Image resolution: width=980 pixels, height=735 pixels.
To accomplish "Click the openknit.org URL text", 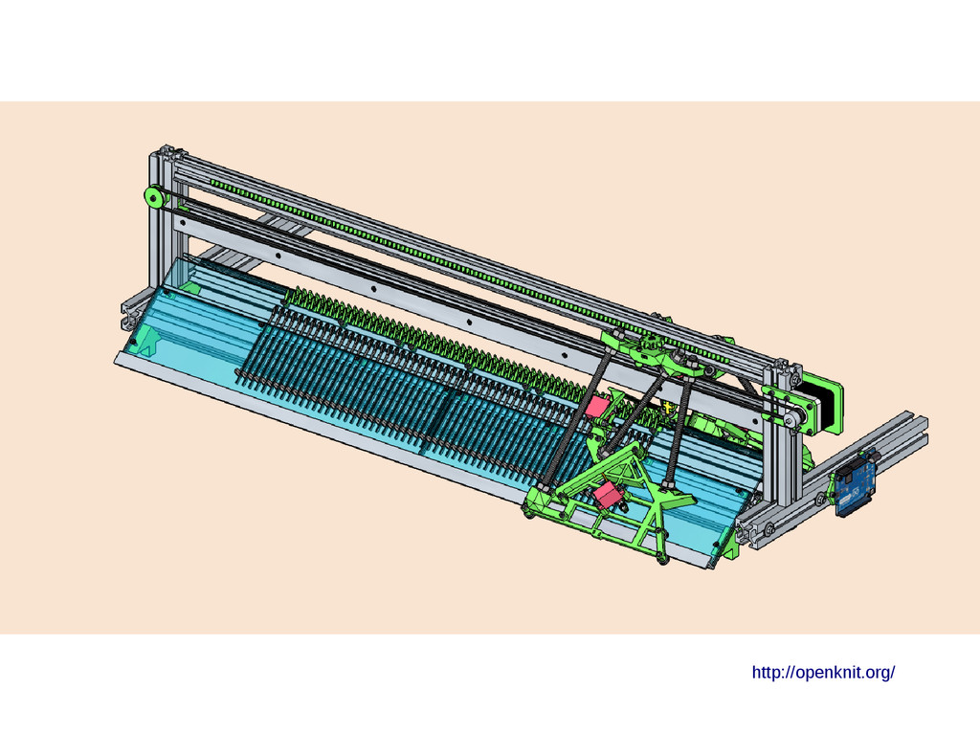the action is pyautogui.click(x=823, y=673).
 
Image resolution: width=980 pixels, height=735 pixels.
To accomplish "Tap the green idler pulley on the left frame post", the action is pyautogui.click(x=154, y=197).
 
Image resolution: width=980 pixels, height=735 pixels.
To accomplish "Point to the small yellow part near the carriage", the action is pyautogui.click(x=667, y=408).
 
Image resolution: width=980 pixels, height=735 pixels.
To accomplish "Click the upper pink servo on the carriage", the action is pyautogui.click(x=598, y=405).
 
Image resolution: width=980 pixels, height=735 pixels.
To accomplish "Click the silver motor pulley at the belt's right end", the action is pyautogui.click(x=791, y=418).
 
